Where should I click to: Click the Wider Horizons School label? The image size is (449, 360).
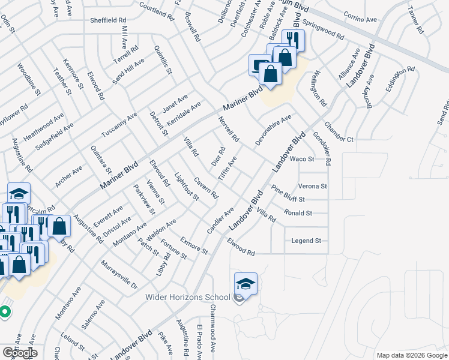[x=187, y=297]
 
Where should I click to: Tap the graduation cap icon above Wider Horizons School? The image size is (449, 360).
[x=246, y=283]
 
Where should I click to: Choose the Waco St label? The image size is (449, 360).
[x=302, y=159]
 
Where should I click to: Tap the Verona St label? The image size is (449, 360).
[x=312, y=186]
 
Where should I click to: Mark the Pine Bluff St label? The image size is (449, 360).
[x=288, y=194]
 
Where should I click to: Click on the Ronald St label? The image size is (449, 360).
[x=298, y=213]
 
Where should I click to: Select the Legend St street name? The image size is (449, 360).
[x=306, y=241]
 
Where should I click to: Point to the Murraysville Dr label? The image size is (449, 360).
[x=119, y=276]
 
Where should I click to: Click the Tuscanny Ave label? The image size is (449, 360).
[x=119, y=126]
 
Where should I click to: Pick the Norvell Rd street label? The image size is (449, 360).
[x=229, y=129]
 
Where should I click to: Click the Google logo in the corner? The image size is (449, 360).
[x=20, y=353]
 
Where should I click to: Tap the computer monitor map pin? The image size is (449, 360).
[x=259, y=64]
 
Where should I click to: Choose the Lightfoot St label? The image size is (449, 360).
[x=186, y=187]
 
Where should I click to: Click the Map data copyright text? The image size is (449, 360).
[x=411, y=355]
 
